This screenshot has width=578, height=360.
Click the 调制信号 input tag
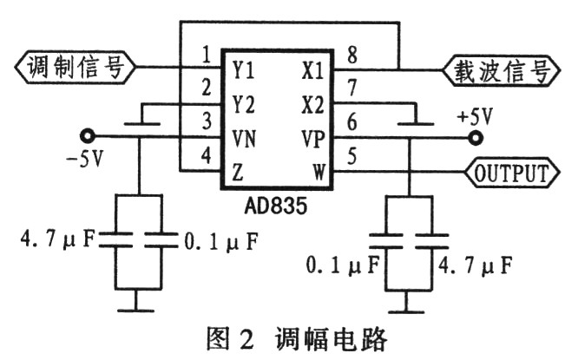pyautogui.click(x=76, y=68)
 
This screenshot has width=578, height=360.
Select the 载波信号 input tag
pyautogui.click(x=501, y=70)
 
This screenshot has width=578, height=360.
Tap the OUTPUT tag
pyautogui.click(x=512, y=172)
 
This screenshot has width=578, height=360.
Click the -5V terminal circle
pyautogui.click(x=88, y=137)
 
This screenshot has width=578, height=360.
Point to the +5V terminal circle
pyautogui.click(x=476, y=138)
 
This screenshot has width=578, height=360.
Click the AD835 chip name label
pyautogui.click(x=275, y=206)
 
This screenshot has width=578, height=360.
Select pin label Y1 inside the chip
pyautogui.click(x=243, y=69)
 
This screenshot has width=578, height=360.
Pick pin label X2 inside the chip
pyautogui.click(x=312, y=105)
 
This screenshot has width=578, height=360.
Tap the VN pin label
pyautogui.click(x=244, y=139)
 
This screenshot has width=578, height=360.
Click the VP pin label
pyautogui.click(x=313, y=139)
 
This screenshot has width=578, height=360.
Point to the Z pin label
pyautogui.click(x=238, y=173)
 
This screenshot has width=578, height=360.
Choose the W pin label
pyautogui.click(x=319, y=172)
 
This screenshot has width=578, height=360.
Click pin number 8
pyautogui.click(x=352, y=56)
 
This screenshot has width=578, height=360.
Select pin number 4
pyautogui.click(x=207, y=155)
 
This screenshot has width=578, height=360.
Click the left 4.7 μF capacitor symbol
pyautogui.click(x=115, y=240)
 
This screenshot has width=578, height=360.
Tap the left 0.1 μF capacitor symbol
pyautogui.click(x=161, y=240)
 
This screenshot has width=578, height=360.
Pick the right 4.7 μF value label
pyautogui.click(x=475, y=265)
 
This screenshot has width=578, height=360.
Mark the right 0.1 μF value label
pyautogui.click(x=343, y=265)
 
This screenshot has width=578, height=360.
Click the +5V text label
pyautogui.click(x=475, y=117)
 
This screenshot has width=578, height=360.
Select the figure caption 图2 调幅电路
pyautogui.click(x=296, y=338)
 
